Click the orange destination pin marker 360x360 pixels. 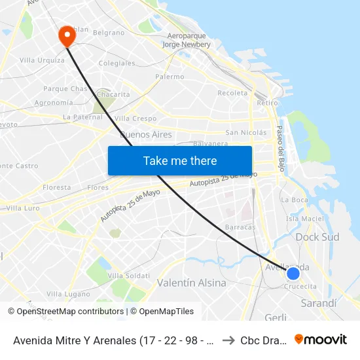67,35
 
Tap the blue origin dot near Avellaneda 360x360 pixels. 293,274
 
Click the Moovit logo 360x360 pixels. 321,340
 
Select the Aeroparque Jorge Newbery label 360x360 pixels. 187,40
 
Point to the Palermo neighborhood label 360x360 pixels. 170,77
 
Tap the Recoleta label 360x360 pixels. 232,93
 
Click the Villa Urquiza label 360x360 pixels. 42,60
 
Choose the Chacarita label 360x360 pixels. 113,94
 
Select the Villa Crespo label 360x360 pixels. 135,118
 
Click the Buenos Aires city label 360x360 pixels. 146,134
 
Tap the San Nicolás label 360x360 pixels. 246,132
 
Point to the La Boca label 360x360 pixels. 294,200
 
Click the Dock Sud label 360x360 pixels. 317,237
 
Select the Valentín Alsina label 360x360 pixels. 192,283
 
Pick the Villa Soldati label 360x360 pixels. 124,276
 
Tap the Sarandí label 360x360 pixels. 318,303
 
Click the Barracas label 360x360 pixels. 240,226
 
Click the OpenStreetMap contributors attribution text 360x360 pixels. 66,312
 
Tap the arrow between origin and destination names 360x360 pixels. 228,340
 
